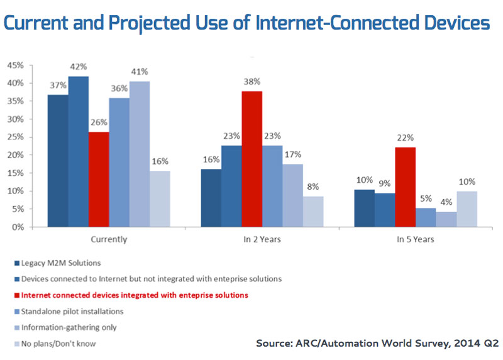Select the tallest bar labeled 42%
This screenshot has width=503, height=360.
[79, 151]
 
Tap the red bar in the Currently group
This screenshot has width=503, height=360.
[99, 180]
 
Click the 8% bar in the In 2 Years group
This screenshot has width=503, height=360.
[313, 212]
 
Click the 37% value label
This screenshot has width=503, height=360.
[58, 85]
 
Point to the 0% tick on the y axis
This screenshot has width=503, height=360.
[18, 227]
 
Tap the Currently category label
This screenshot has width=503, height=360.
[109, 239]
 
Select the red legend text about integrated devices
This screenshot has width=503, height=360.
[134, 295]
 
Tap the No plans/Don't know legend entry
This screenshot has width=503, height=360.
[59, 344]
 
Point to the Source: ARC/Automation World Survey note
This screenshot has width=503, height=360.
[377, 343]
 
